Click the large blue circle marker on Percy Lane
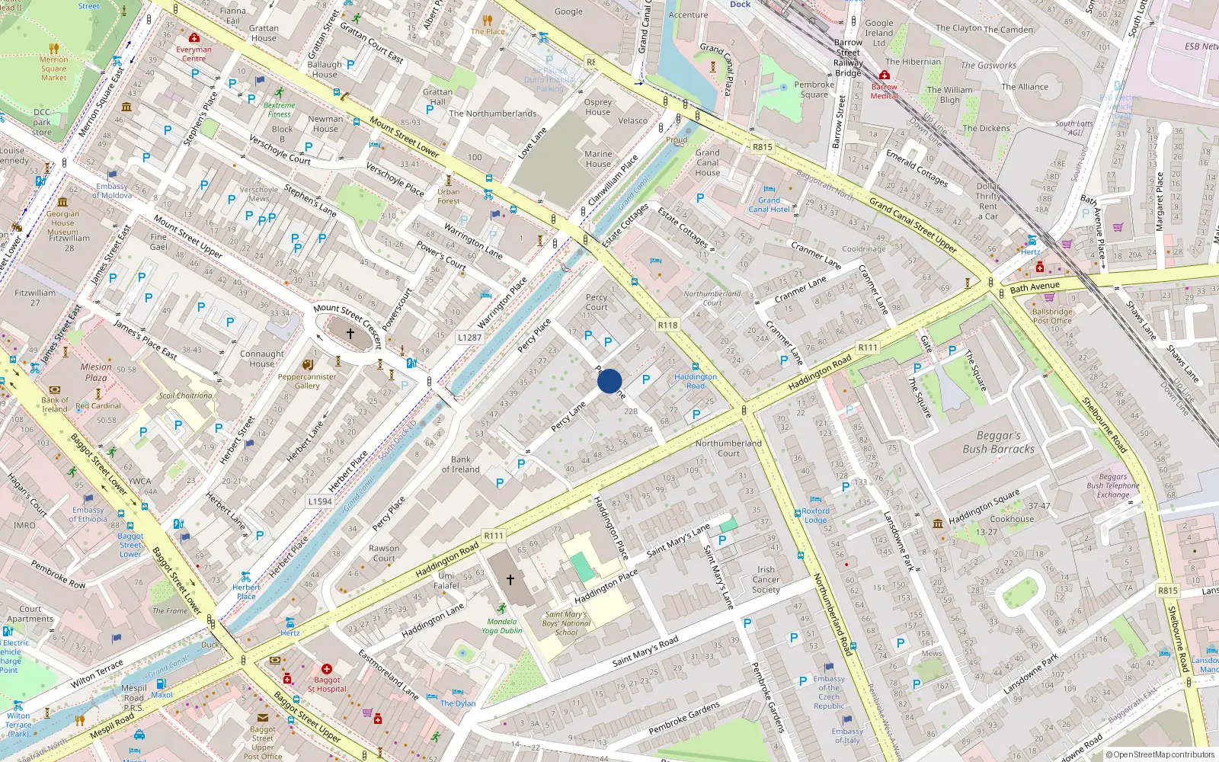point(609,381)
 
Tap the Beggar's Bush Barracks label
point(998,442)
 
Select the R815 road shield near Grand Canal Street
point(762,147)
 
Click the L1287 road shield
point(469,337)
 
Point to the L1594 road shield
point(320,501)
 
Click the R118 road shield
point(667,325)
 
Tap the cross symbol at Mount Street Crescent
point(350,334)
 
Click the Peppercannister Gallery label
point(307,381)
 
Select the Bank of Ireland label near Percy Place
point(460,464)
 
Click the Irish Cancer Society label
point(766,579)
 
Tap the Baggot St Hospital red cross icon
point(327,668)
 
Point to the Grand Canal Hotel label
point(769,204)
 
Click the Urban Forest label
point(448,196)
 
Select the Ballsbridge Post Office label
point(1052,316)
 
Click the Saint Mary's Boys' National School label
point(566,623)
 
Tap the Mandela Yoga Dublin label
point(501,626)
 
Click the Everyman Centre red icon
point(194,38)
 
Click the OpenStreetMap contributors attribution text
point(1162,754)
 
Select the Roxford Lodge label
point(815,515)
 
